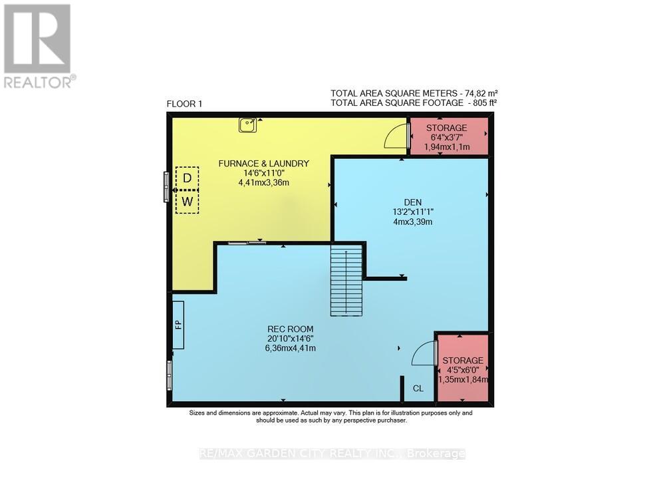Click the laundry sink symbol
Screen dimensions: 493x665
tap(248, 124)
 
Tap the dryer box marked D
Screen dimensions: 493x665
tap(188, 178)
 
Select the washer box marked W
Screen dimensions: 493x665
tap(188, 201)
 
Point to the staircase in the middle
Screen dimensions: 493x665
tap(347, 280)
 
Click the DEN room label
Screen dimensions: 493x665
tap(412, 203)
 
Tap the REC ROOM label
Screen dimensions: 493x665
tap(290, 329)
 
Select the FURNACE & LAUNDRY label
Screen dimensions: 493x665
tap(264, 163)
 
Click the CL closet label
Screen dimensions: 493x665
tap(418, 389)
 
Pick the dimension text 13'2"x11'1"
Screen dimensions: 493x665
tap(412, 213)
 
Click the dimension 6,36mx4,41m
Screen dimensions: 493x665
tap(290, 347)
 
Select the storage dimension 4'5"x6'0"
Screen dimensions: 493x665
tap(464, 370)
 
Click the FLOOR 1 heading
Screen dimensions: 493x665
tap(184, 104)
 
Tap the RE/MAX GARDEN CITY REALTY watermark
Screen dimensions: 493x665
tap(332, 454)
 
